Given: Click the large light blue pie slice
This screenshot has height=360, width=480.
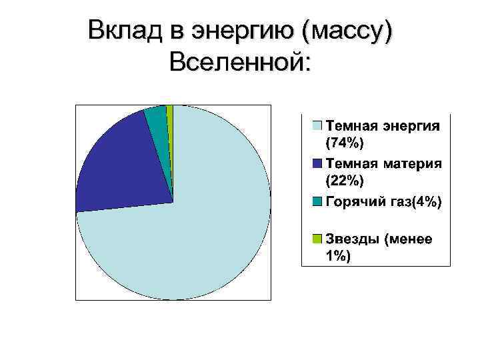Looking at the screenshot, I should pyautogui.click(x=200, y=233).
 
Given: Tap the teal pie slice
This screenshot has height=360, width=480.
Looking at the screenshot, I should pyautogui.click(x=157, y=120).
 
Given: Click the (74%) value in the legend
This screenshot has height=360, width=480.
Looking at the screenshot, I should pyautogui.click(x=345, y=143).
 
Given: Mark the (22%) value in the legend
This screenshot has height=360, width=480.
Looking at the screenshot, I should pyautogui.click(x=345, y=180).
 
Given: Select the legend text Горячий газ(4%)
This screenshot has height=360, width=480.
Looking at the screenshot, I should pyautogui.click(x=383, y=201).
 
